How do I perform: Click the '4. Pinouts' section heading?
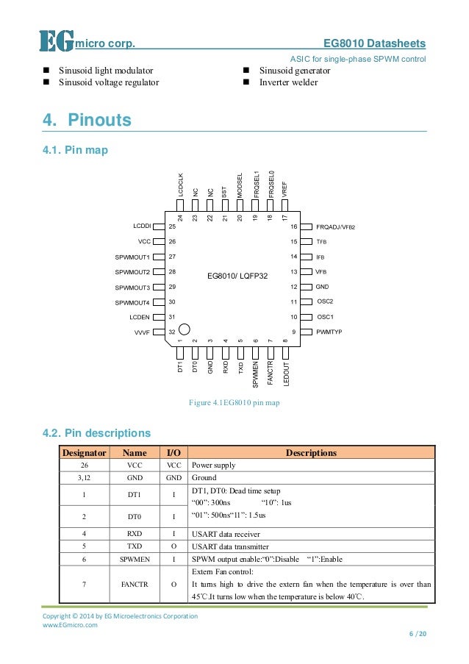(x=87, y=119)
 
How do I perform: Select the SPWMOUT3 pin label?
(x=132, y=287)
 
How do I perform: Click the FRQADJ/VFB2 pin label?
(x=335, y=227)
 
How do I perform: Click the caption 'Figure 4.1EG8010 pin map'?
(x=234, y=402)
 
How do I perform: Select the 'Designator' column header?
(x=85, y=453)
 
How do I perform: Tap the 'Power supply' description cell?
(x=214, y=465)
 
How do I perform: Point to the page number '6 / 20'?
(x=417, y=634)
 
